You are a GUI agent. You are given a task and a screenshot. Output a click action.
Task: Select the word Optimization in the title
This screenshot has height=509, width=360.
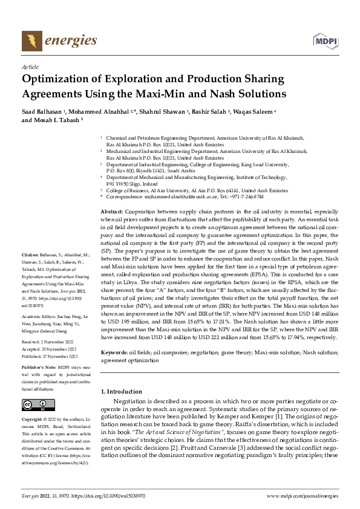[59, 80]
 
